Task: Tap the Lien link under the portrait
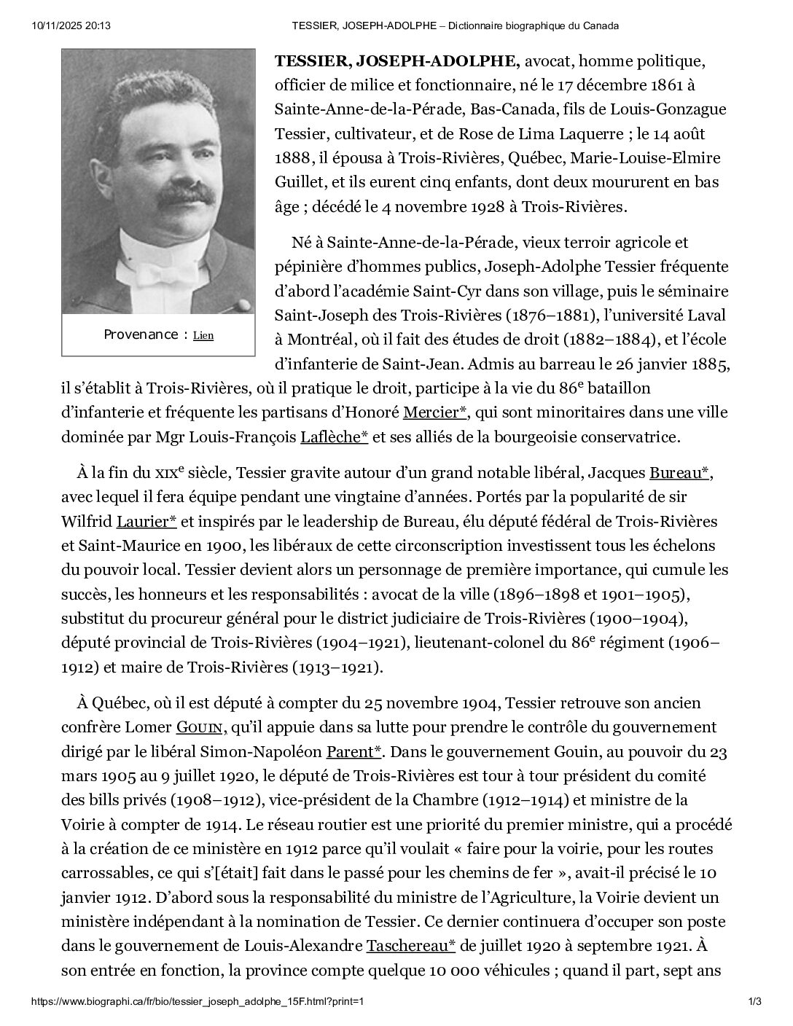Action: [x=203, y=336]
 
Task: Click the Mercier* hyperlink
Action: [x=435, y=412]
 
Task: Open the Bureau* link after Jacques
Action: [x=679, y=474]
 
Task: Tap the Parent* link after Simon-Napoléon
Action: [x=354, y=751]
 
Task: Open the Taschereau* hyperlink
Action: [x=410, y=946]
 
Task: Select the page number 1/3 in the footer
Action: [x=754, y=1001]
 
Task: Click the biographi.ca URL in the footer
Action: [x=198, y=1001]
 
